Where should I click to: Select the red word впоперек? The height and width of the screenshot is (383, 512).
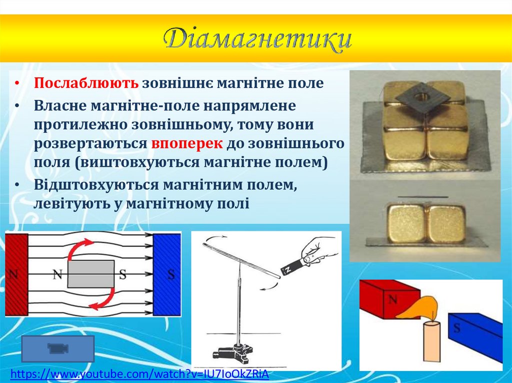point(187,144)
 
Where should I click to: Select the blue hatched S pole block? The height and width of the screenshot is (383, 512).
point(166,274)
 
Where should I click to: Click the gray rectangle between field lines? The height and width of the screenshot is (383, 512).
point(91,274)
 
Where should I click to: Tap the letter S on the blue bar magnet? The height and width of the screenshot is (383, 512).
point(456,328)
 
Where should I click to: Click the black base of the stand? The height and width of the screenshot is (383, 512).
point(235,353)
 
